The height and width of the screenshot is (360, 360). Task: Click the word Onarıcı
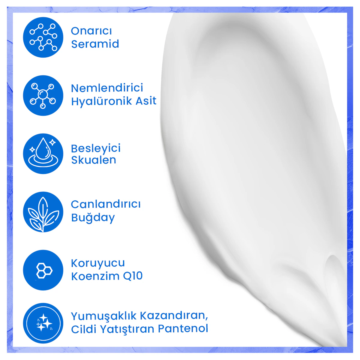tap(91, 31)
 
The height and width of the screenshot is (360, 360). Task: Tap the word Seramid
tap(95, 44)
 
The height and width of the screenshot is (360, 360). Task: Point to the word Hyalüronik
tap(102, 101)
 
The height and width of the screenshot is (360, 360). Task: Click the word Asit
tap(146, 101)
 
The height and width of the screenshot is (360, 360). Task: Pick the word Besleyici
tap(96, 148)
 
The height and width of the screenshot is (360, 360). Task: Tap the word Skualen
tap(94, 160)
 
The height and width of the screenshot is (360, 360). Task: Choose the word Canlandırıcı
tap(106, 204)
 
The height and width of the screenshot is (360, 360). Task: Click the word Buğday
tap(93, 217)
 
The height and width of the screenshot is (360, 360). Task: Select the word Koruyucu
tap(98, 263)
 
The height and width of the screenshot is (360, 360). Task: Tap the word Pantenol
tap(183, 328)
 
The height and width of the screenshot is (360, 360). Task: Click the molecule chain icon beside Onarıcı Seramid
tap(43, 37)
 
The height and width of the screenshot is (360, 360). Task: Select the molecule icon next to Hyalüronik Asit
tap(43, 95)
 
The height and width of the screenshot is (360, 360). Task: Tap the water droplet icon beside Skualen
tap(43, 154)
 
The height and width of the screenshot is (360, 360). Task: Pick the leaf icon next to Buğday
tap(43, 212)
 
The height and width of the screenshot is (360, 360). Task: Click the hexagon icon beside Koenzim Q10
tap(43, 270)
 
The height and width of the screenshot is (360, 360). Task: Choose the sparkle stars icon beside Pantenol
tap(43, 323)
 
